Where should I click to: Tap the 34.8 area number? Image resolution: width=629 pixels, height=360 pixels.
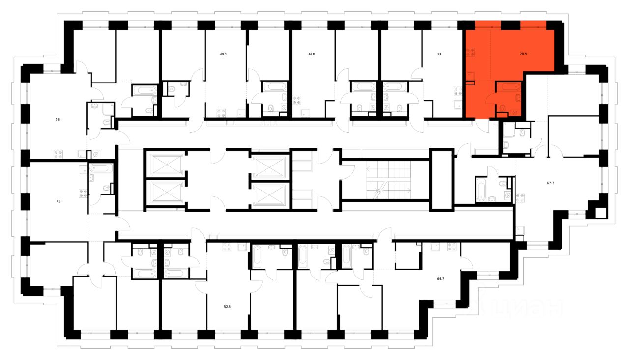tap(311, 54)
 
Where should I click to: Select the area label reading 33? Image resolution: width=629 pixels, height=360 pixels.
tap(439, 54)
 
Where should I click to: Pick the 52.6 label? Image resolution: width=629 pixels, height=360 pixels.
tap(227, 307)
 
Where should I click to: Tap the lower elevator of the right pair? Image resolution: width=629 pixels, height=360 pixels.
tap(269, 194)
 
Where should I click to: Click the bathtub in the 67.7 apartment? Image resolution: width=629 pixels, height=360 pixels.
tap(482, 190)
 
